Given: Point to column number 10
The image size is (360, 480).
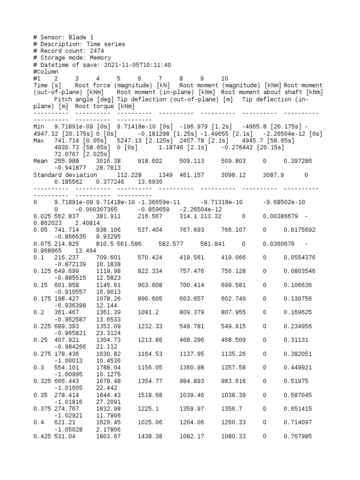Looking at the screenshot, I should coord(225,79).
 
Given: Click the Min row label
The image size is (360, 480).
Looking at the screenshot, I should coord(40,127).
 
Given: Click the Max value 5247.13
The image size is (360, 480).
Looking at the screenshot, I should coord(108,140).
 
